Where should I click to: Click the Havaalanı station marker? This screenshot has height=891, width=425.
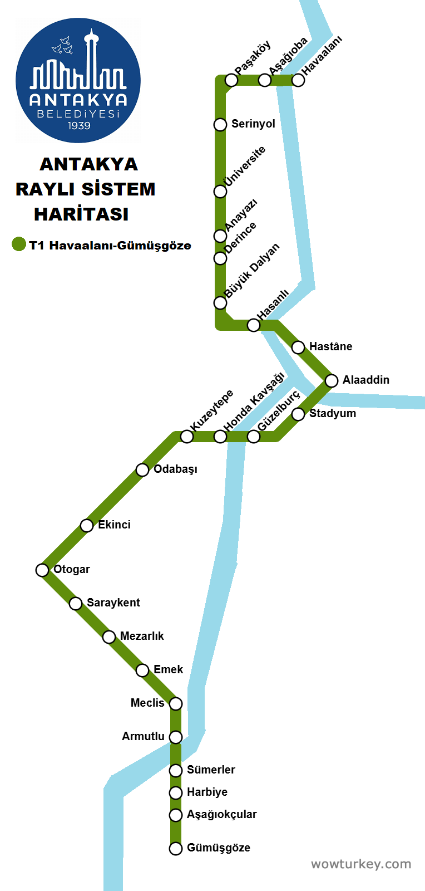(298, 80)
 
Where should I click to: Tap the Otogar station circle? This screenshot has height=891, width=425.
(42, 570)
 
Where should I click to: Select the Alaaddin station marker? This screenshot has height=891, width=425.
(332, 380)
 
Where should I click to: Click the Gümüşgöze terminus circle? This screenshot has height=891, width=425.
(176, 848)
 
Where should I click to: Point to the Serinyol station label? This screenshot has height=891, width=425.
(253, 124)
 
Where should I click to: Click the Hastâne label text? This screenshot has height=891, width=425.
(330, 346)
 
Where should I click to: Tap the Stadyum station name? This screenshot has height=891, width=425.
(333, 413)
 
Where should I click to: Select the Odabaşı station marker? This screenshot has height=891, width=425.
(142, 469)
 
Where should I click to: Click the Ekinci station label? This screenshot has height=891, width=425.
(114, 525)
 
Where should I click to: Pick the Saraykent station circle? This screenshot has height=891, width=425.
(76, 603)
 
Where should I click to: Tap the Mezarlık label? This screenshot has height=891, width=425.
(142, 636)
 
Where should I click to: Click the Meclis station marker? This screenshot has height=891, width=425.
(176, 703)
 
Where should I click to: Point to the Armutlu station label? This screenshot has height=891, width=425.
(143, 736)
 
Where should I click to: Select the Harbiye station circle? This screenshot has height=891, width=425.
(176, 792)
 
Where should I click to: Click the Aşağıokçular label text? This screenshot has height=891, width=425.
(221, 814)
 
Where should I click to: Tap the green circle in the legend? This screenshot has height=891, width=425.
(19, 244)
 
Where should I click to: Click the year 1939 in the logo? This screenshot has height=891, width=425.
(79, 126)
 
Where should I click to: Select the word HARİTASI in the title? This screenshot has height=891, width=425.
(81, 214)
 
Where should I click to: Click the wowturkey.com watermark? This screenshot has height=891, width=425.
(361, 864)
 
